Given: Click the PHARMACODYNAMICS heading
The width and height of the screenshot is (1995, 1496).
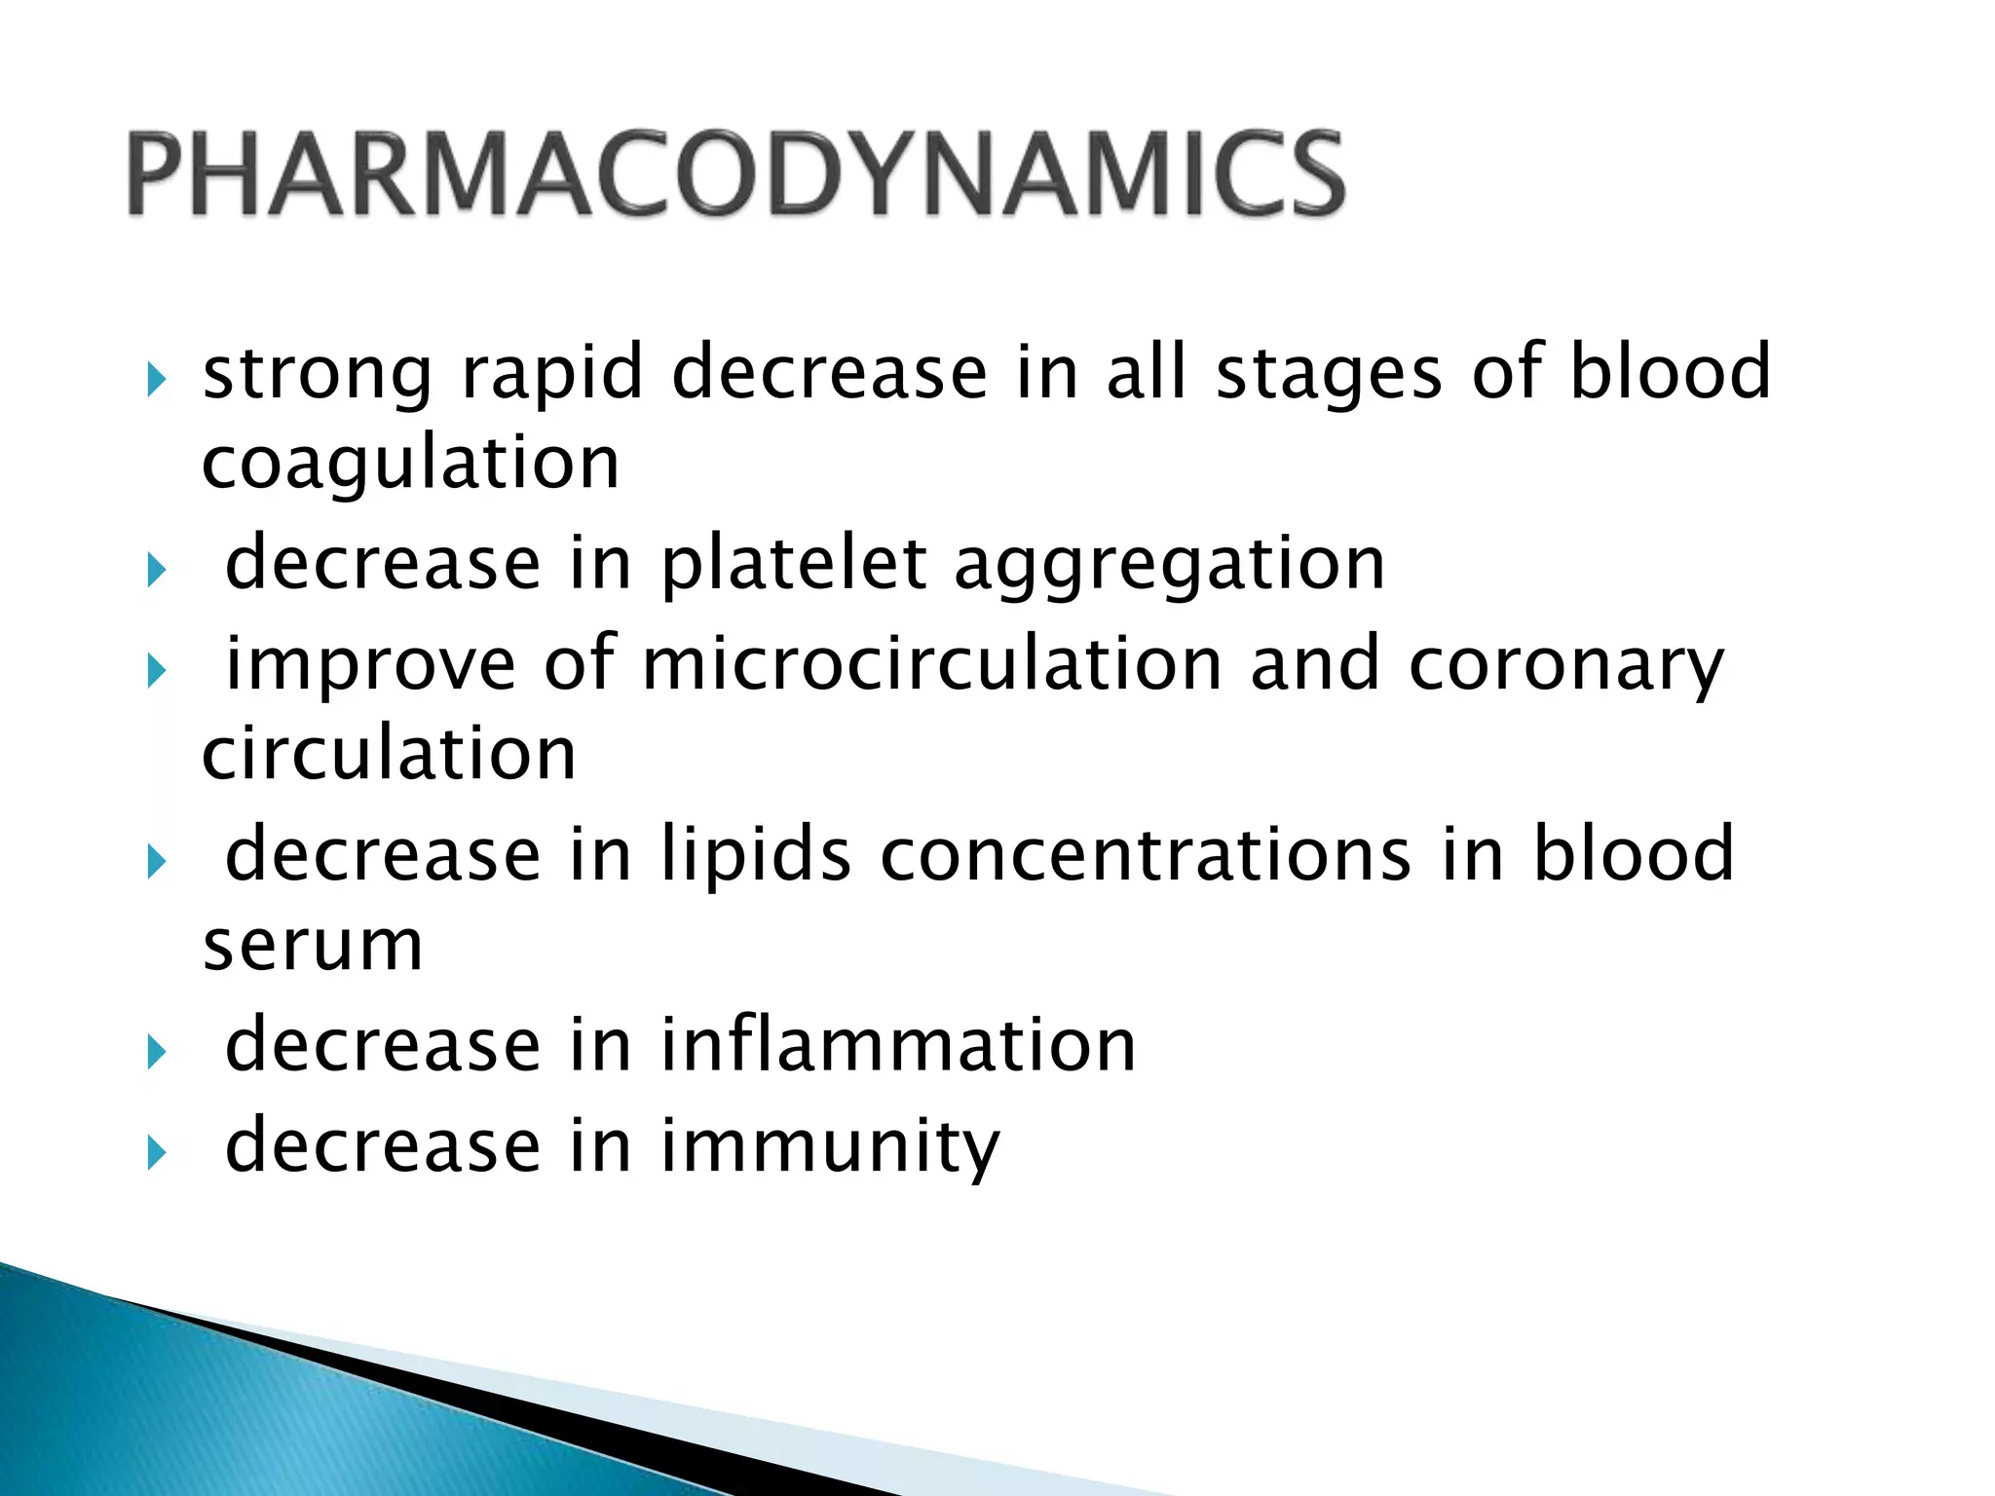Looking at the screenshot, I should pos(735,174).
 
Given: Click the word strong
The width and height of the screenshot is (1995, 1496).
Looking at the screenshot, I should pos(317,374).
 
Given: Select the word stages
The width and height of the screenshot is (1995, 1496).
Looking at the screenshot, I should pos(1329,374).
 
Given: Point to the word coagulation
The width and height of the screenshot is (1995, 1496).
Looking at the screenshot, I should pos(410,464).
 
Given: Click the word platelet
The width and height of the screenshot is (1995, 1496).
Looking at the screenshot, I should pos(794,565).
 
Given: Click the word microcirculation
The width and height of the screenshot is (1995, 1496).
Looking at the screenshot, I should pos(932,664).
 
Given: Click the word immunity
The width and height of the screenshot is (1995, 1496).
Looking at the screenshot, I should pos(830,1147).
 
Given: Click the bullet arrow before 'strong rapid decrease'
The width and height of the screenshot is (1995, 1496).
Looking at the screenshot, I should pos(157,378).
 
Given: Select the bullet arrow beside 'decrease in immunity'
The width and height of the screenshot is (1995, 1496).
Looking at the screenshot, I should pos(157,1152).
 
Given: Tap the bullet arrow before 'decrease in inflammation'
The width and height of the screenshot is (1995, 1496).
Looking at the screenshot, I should pos(157,1051).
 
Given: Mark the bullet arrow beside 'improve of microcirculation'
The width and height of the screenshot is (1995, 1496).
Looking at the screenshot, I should pos(157,670).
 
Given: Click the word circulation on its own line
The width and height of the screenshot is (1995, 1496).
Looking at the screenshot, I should pos(389,755).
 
